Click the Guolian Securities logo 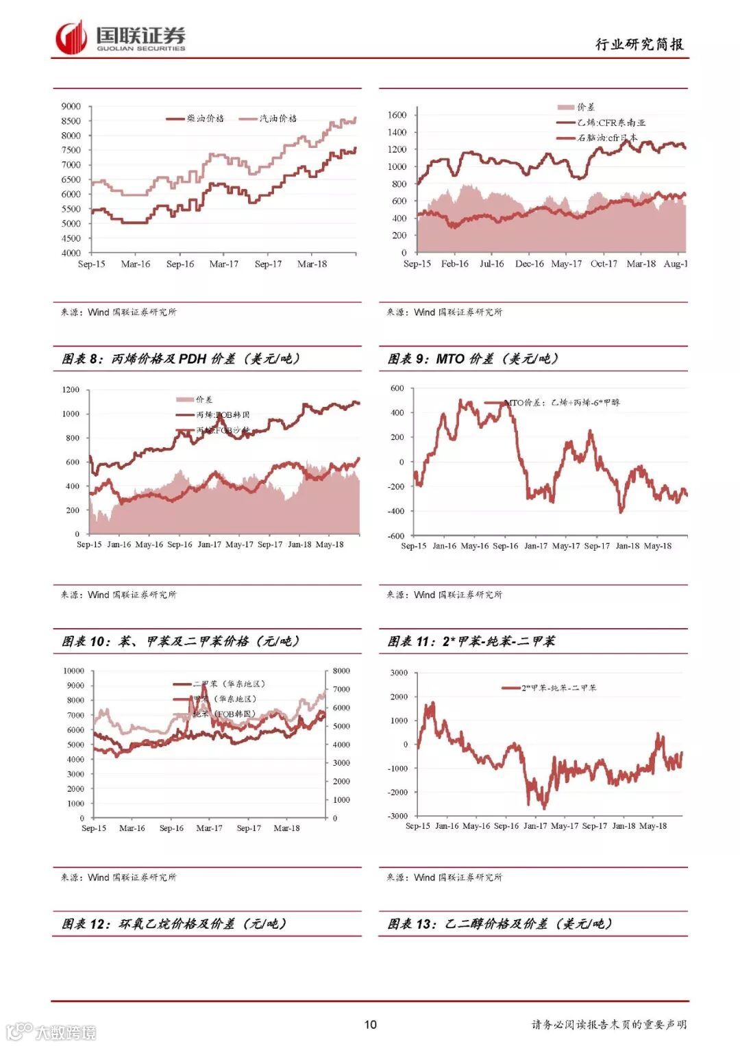click(x=121, y=38)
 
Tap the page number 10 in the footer click(x=370, y=1024)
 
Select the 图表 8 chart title click(x=181, y=359)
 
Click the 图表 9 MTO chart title click(x=473, y=359)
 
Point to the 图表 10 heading click(x=181, y=641)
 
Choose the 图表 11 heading click(x=471, y=641)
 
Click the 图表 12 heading click(x=174, y=923)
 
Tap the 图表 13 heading click(x=500, y=923)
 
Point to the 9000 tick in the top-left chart click(x=71, y=106)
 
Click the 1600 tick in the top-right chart click(x=397, y=115)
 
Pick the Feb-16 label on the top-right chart click(x=454, y=264)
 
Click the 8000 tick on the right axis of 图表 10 click(x=341, y=671)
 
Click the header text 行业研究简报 click(x=639, y=45)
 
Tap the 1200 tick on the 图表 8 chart click(x=71, y=390)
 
